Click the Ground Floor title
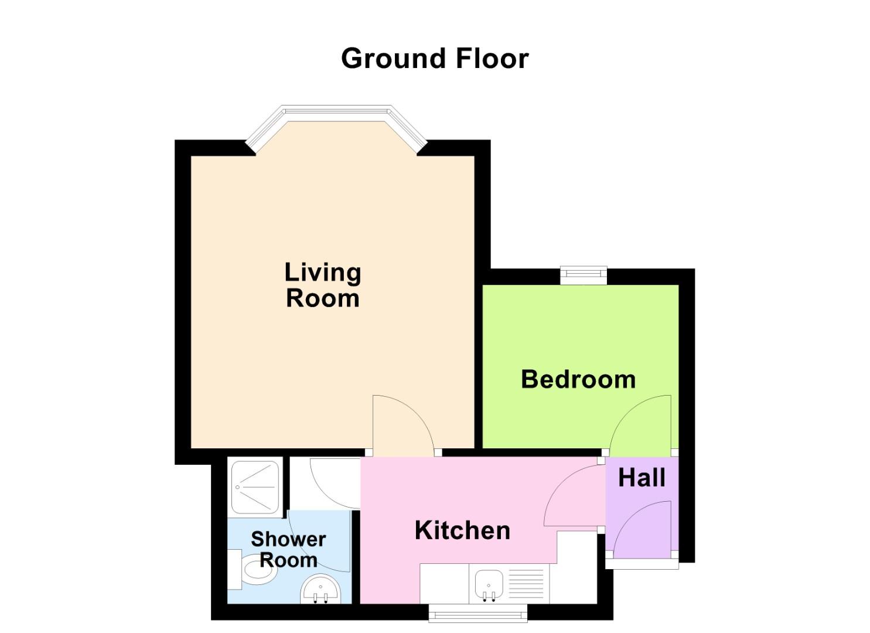tap(435, 59)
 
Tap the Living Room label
tap(322, 285)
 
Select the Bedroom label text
tap(578, 379)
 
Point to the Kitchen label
tap(462, 530)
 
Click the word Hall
tap(642, 478)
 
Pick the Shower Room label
tap(288, 549)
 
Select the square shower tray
tap(255, 487)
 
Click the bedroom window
tap(584, 274)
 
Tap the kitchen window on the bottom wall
tap(478, 614)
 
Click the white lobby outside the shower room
tap(323, 484)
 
